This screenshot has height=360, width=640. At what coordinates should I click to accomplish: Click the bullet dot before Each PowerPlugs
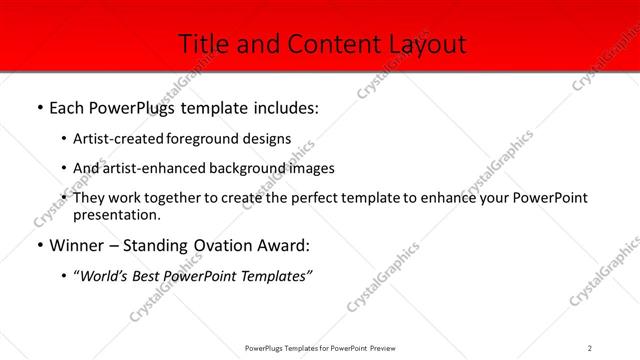click(39, 105)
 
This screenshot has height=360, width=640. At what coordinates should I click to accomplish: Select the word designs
click(268, 139)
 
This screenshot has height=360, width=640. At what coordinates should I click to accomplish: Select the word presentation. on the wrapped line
click(116, 214)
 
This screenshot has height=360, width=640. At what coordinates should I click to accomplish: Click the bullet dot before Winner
click(39, 244)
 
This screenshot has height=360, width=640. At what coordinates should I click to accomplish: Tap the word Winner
click(78, 244)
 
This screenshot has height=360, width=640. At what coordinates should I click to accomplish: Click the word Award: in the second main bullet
click(285, 244)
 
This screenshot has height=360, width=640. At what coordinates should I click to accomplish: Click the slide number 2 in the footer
click(590, 347)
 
